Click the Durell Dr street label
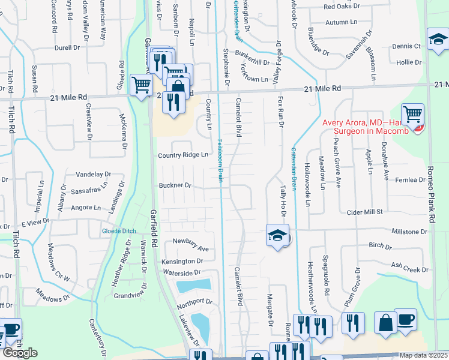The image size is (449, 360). tap(67, 47)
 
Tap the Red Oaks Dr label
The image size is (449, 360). tap(342, 7)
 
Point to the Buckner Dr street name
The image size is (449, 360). tap(175, 185)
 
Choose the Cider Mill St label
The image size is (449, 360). tap(364, 212)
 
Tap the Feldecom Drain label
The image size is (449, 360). tap(220, 163)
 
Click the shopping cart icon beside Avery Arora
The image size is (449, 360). tap(412, 114)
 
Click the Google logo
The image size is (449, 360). tap(20, 353)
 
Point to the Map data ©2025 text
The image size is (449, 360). tap(424, 355)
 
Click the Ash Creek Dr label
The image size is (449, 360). tap(410, 267)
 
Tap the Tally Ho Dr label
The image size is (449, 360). tap(283, 200)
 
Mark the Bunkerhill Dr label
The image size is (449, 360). tap(252, 62)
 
